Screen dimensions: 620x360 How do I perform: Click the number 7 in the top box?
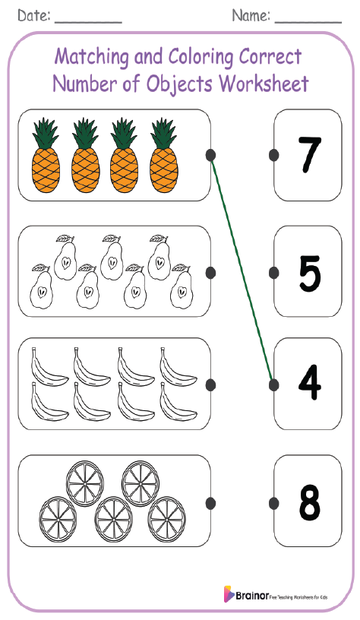(x=309, y=155)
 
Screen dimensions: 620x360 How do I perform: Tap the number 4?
(x=309, y=384)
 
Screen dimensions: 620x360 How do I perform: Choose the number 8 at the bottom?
(x=309, y=502)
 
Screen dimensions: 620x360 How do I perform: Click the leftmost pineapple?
(x=46, y=155)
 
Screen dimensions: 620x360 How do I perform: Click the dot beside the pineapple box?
(x=210, y=155)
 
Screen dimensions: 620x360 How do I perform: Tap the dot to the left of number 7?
(x=273, y=155)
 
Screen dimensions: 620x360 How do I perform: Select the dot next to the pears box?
(x=210, y=272)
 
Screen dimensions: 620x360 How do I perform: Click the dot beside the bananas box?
(x=210, y=384)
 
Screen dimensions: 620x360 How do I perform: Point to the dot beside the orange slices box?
(x=210, y=502)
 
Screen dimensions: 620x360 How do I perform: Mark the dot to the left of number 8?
(x=273, y=502)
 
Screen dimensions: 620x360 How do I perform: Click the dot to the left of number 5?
(x=273, y=272)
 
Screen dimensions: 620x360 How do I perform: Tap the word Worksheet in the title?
(x=264, y=83)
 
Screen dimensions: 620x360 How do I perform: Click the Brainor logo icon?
(x=229, y=594)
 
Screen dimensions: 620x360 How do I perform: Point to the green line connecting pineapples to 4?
(x=242, y=270)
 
